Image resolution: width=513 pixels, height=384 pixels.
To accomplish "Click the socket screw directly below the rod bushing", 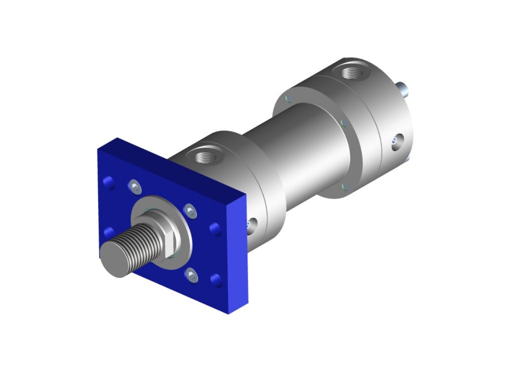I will pos(191,275).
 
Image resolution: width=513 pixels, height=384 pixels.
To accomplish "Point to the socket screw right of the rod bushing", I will pos(189,211).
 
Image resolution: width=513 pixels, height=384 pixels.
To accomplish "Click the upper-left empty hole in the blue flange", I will pos(107,182).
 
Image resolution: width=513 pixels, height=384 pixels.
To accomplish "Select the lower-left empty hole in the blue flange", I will pos(108,232).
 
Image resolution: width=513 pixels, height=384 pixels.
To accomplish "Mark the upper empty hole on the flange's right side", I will pos(214,229).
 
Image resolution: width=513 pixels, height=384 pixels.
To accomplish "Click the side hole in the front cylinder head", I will pos(251,226).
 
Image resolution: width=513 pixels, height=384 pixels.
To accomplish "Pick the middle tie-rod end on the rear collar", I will pos(344,123).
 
